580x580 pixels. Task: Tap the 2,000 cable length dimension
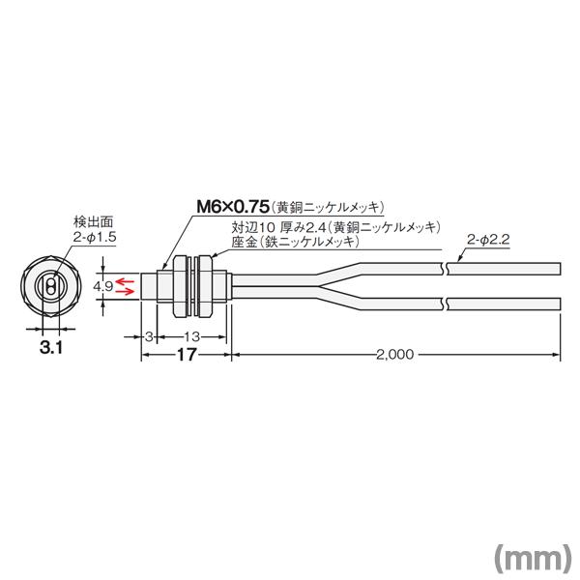tap(393, 355)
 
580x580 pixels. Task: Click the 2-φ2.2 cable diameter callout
tap(487, 237)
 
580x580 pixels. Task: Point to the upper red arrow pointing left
tap(127, 279)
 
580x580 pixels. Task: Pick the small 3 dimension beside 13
tap(148, 334)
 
